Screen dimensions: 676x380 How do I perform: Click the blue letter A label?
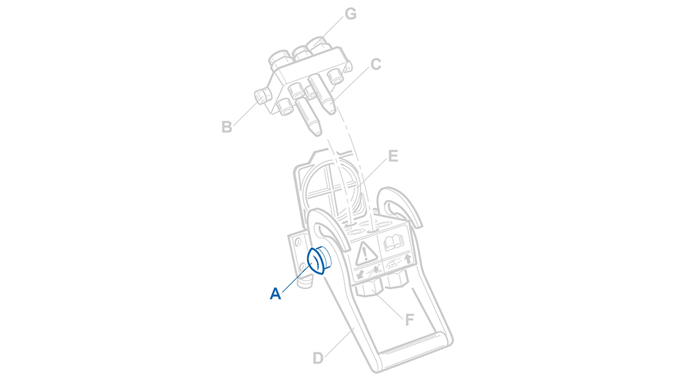coord(275,294)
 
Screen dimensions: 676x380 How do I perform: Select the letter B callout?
coord(227,127)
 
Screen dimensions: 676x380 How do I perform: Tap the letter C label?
coord(376,64)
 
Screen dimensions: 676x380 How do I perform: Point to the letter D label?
coord(318,358)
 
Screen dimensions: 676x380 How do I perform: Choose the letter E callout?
coord(393,156)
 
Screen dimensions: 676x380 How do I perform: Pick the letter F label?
coord(409,320)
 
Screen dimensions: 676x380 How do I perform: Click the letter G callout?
coord(351,14)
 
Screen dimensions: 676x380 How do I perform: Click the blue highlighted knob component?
coord(319,260)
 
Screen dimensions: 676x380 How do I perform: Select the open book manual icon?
coord(393,242)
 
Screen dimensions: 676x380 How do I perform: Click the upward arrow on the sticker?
coord(407,259)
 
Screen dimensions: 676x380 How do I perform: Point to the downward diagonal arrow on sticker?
coord(360,274)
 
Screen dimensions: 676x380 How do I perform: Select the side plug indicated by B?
coord(261,97)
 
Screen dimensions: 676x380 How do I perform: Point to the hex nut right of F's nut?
coord(396,280)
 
